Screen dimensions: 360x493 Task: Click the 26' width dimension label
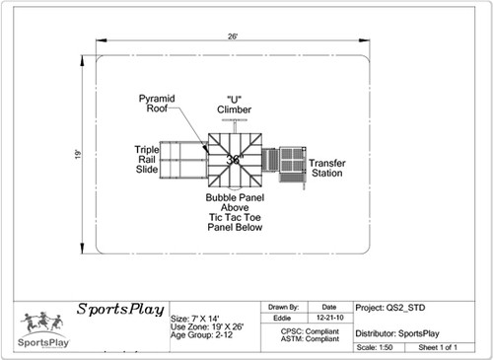coord(234,36)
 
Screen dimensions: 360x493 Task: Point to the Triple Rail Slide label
coord(147,160)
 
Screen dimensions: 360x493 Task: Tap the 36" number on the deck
coord(234,159)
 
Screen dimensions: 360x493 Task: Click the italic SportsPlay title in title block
coord(119,308)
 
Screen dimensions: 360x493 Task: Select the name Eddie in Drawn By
coord(283,320)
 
